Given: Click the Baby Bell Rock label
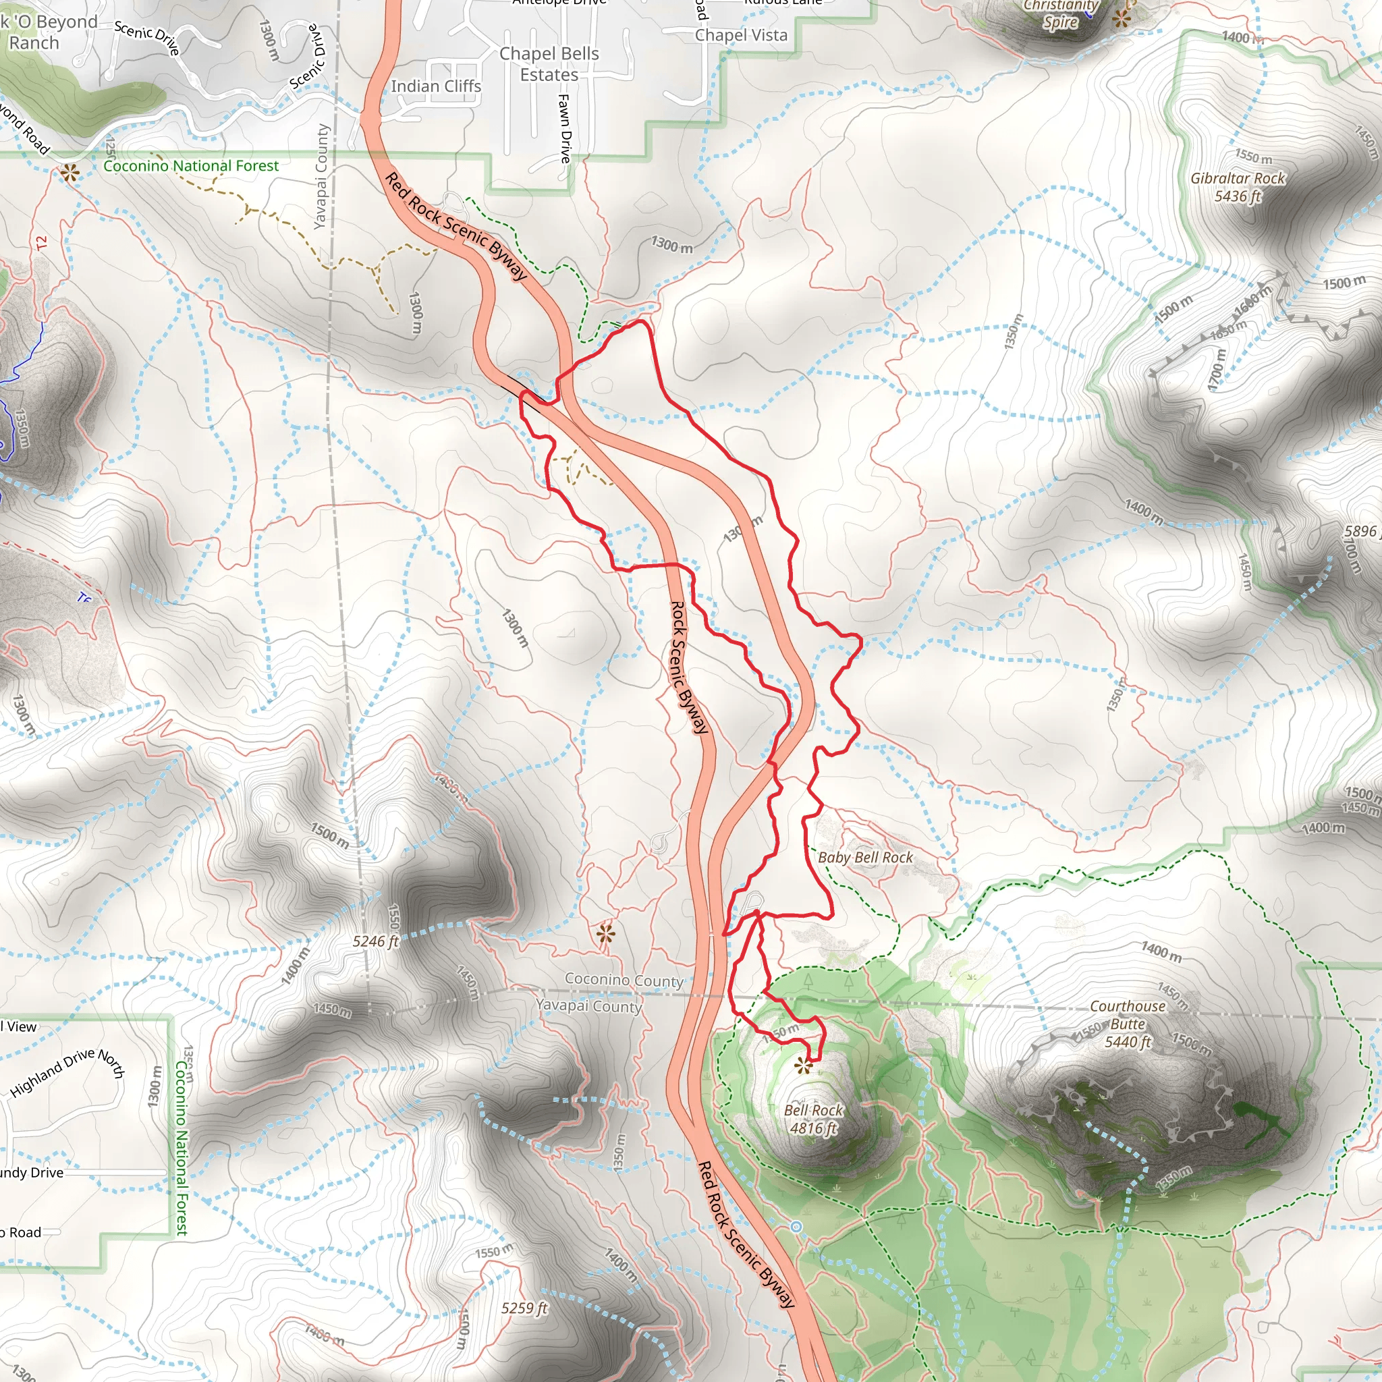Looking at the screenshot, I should pos(865,857).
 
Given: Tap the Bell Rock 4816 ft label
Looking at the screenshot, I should pos(813,1119).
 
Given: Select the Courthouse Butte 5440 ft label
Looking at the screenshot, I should pos(1128,1024).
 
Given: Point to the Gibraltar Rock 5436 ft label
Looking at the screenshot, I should pos(1238,187).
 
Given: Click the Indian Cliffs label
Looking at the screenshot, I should pos(436,86).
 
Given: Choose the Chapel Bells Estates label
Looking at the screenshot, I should pos(549,63).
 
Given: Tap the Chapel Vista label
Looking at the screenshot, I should pos(741,35).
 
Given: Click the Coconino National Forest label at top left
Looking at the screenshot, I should pos(191,166).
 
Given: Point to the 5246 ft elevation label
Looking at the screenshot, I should pos(375,941).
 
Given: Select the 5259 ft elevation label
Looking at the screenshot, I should pos(524,1308).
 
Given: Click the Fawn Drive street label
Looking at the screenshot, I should pos(565,128).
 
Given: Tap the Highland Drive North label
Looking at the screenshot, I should pos(68,1072).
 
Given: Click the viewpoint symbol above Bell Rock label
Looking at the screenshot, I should pos(803,1068).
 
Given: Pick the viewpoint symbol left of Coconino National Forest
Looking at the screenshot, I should pos(70,172).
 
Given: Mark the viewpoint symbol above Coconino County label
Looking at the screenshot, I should pos(605,933).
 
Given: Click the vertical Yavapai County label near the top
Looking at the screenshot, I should pos(322,177).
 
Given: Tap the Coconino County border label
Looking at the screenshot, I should pos(624,979).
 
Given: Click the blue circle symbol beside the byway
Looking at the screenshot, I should pos(796,1227).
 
